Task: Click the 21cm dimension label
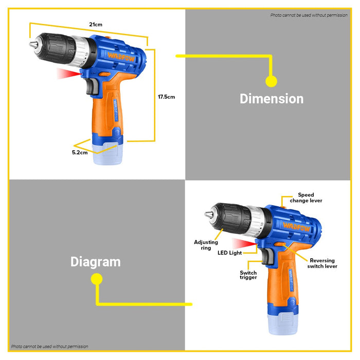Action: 95,25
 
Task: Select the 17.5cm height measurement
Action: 166,97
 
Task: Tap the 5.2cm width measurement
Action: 80,152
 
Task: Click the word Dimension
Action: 272,99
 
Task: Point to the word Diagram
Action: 96,262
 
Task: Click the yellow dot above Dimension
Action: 271,81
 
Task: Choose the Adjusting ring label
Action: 206,245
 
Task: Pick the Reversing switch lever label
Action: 322,263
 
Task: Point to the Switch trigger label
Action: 248,276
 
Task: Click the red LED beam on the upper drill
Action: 69,75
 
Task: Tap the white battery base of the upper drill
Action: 109,154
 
